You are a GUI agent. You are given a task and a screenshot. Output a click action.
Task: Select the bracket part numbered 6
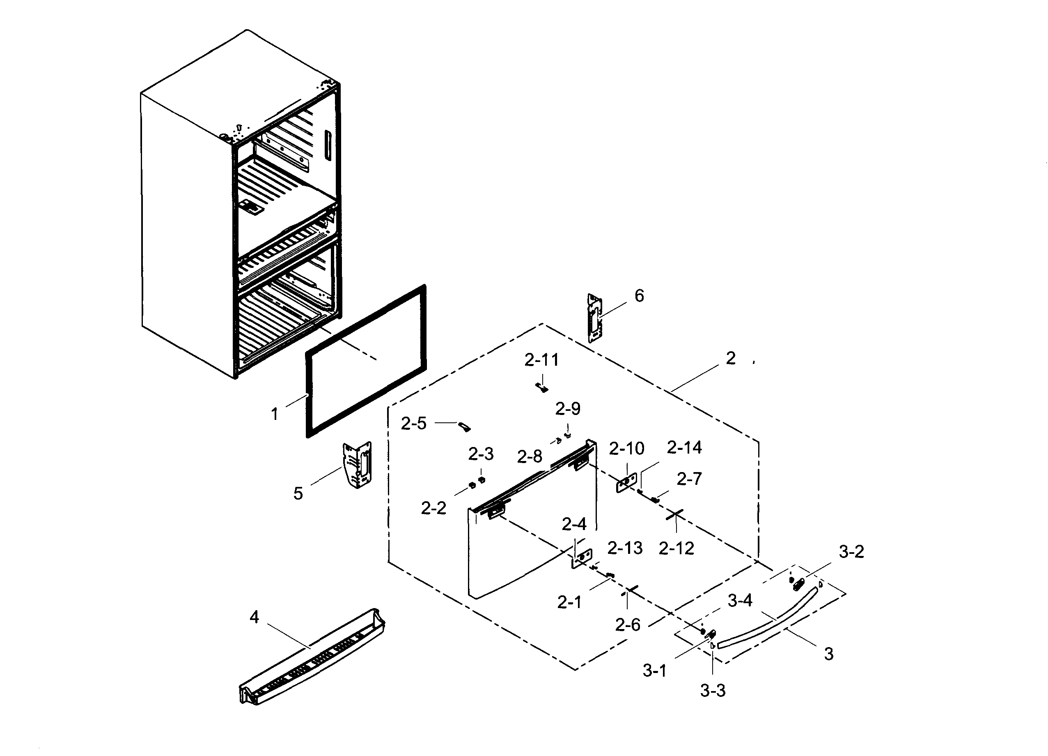[x=595, y=318]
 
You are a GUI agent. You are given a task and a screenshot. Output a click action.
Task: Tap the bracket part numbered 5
[x=357, y=464]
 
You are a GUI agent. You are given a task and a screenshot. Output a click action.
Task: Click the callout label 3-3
[x=713, y=691]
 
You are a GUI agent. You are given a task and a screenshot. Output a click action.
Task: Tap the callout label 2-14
[x=684, y=447]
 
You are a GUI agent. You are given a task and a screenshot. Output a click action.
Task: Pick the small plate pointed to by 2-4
[x=582, y=558]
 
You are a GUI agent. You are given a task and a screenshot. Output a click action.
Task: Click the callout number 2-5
[x=413, y=424]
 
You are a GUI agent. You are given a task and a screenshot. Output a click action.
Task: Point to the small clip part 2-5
[x=464, y=426]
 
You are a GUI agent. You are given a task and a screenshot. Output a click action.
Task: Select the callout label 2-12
[x=676, y=549]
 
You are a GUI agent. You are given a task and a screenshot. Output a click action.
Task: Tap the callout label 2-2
[x=433, y=508]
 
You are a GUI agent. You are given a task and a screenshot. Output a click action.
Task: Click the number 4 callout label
[x=254, y=617]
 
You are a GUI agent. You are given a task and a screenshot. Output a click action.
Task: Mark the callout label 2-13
[x=624, y=548]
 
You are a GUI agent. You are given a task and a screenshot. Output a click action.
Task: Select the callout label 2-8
[x=529, y=457]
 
